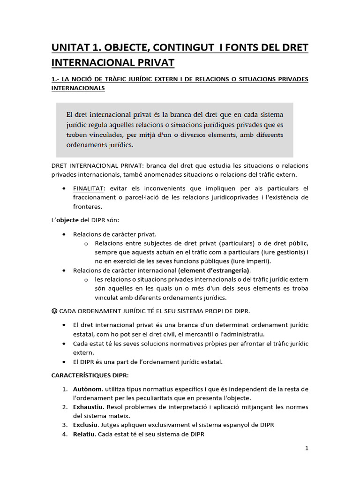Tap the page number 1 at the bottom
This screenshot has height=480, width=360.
coord(307,448)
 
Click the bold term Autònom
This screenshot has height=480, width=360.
coord(88,389)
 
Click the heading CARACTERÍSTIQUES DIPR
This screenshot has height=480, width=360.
coord(89,375)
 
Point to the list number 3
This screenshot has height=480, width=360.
coord(64,425)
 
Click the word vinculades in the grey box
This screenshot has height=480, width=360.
coord(103,135)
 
